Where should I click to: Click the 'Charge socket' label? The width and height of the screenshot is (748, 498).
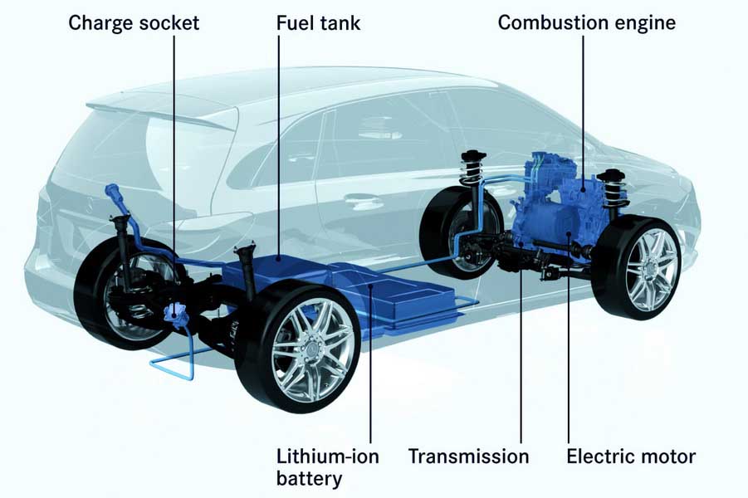click(x=134, y=23)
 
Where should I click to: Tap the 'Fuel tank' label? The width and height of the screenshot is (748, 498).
click(x=318, y=23)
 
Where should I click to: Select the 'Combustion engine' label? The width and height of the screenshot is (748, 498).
click(x=587, y=23)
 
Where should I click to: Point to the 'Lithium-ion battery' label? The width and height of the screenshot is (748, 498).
click(x=328, y=467)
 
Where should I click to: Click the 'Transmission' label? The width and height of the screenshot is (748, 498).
click(x=468, y=456)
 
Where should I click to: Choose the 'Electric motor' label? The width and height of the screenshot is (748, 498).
click(x=631, y=456)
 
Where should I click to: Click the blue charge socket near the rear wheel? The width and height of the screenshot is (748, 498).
click(x=174, y=314)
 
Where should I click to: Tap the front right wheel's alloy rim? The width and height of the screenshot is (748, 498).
click(x=653, y=269)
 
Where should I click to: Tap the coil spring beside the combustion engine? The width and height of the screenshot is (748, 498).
click(x=613, y=191)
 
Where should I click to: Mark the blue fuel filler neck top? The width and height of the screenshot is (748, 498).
click(x=113, y=191)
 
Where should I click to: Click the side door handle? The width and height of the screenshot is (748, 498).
click(x=364, y=198)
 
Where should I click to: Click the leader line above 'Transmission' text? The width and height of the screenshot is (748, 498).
click(x=521, y=343)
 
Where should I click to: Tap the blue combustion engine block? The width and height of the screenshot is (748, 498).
click(x=558, y=200)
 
